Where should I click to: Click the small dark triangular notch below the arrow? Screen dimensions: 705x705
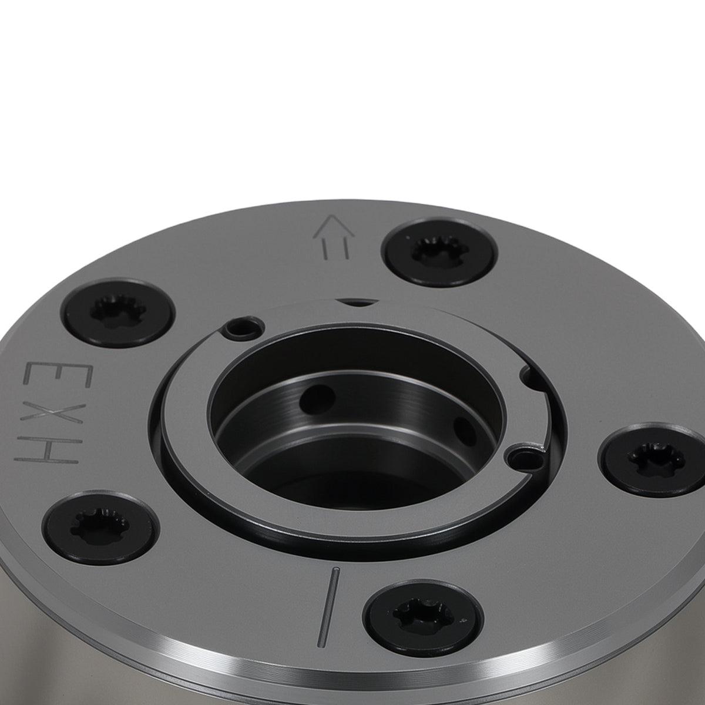(x=357, y=303)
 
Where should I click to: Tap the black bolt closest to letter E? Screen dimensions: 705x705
(x=119, y=313)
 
